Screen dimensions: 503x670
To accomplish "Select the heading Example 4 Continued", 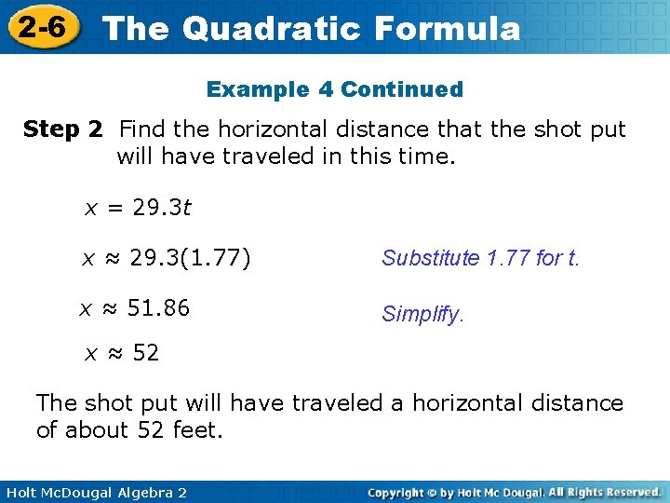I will point(334,89).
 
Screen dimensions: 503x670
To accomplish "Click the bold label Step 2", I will point(62,129).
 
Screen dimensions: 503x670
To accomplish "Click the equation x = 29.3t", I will point(138,208).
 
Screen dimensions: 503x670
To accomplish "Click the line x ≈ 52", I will point(122,353).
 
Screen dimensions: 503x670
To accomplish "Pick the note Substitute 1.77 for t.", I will point(480,258).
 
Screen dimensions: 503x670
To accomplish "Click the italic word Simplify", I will point(422,315).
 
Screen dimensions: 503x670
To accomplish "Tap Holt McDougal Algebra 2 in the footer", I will point(94,492).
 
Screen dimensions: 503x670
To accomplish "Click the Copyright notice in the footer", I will point(514,492).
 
